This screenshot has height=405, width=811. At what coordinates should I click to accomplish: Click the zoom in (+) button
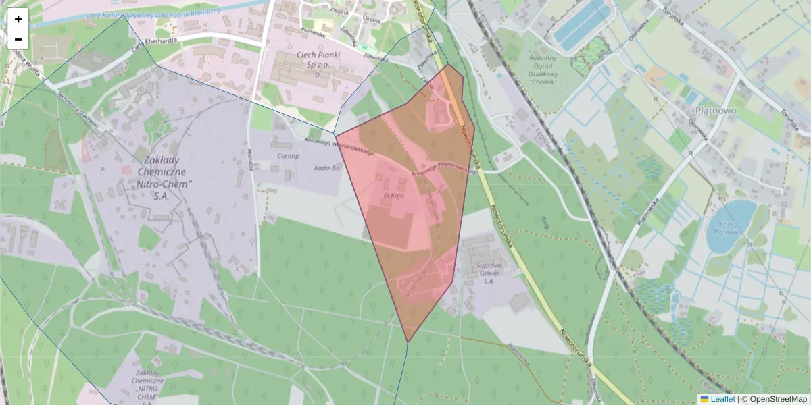pos(18,18)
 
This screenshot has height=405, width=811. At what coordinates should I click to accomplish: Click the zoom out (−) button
pos(18,39)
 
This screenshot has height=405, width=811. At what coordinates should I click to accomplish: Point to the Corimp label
pos(287,155)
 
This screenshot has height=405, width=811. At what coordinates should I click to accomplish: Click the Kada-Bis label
pos(327,167)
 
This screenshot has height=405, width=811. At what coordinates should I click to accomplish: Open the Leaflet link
pos(722,399)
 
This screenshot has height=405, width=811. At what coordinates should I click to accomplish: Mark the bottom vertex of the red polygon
pos(408,342)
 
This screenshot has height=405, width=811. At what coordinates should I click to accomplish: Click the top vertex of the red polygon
pos(447,65)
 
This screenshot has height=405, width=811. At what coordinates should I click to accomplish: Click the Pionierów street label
pos(312,32)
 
